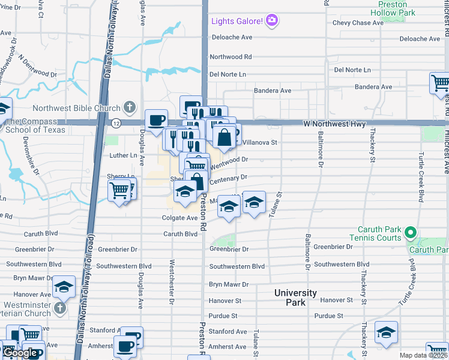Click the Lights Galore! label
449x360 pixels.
pos(237,22)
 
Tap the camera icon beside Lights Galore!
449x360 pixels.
pos(272,22)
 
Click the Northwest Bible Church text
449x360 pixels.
pos(77,108)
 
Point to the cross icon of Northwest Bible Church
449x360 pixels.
pos(128,108)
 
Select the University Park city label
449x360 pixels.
pos(295,298)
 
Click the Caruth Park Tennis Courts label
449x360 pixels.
pos(379,233)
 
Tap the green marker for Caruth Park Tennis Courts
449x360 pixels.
pos(410,232)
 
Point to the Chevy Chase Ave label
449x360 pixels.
pos(357,23)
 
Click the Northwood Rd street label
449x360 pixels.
pos(230,57)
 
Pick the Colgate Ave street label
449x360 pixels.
pos(179,218)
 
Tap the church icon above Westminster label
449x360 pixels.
pos(59,308)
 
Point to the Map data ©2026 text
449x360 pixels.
pos(423,355)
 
